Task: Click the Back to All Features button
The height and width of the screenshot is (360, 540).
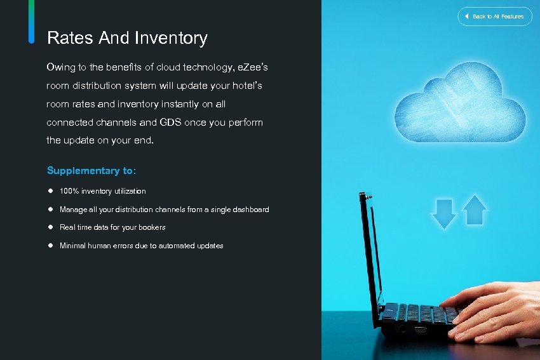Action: [x=494, y=16]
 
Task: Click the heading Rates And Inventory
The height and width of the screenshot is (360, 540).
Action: [x=127, y=38]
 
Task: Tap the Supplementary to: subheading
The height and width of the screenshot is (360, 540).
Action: [x=91, y=171]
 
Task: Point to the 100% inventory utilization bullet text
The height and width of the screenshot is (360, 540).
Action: [x=102, y=191]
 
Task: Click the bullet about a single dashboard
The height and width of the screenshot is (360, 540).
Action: [x=164, y=210]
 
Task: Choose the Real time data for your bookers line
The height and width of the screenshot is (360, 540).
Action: [x=112, y=227]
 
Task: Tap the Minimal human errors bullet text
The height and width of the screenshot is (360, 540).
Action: [x=141, y=246]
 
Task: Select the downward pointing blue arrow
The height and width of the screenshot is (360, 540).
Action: [x=444, y=213]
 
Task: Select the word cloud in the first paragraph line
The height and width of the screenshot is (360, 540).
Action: [x=164, y=67]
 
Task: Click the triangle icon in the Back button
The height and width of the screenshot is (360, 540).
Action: [x=467, y=16]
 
